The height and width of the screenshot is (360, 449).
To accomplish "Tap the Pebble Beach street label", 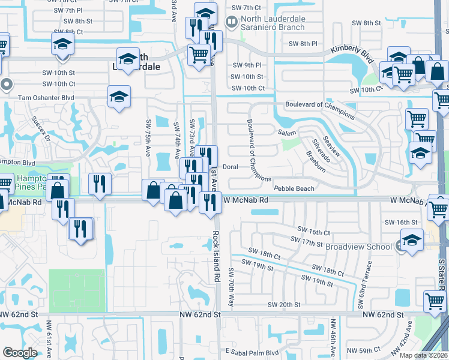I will coord(294,188).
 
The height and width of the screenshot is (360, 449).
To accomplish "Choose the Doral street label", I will coord(231,167).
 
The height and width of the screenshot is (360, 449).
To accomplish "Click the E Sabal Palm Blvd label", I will coord(253,352).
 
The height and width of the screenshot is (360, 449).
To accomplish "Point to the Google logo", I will coord(20,353).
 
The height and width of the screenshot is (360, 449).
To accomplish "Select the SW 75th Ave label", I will coord(148,138).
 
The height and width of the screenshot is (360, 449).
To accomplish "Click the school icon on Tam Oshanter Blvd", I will coord(119,97).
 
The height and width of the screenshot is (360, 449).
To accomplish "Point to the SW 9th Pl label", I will coord(250,65).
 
